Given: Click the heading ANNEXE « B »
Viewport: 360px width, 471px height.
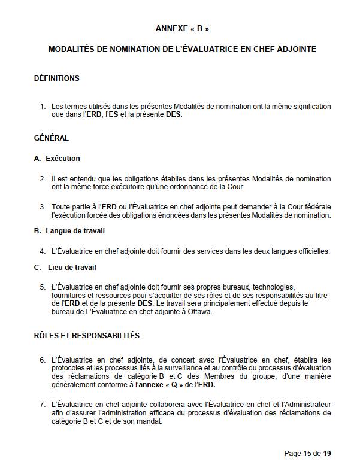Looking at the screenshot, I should click(182, 28).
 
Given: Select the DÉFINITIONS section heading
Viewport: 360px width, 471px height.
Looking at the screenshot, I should click(57, 78).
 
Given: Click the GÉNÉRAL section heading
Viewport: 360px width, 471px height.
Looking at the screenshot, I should click(52, 138).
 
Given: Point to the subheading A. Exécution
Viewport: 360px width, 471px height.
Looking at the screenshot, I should click(58, 159).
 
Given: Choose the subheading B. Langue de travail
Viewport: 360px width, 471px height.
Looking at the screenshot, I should click(71, 230).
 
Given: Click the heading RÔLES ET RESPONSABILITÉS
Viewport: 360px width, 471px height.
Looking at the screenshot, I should click(87, 336).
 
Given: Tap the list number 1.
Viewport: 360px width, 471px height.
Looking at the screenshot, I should click(43, 107).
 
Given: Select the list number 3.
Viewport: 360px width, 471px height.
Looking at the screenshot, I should click(43, 207).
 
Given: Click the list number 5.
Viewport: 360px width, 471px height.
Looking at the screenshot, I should click(43, 287).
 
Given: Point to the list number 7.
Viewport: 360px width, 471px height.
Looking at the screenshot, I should click(43, 405).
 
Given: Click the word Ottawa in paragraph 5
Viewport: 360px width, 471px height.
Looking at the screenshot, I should click(199, 311).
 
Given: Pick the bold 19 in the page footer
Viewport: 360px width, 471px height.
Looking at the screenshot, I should click(327, 454).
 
